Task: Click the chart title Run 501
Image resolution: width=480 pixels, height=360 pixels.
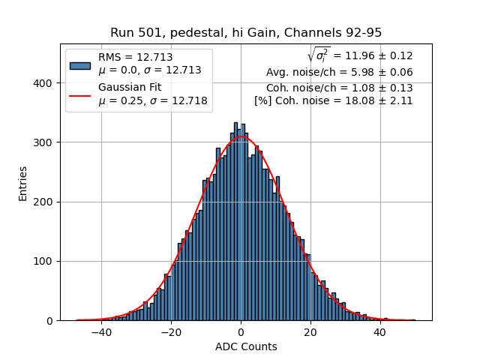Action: tap(245, 33)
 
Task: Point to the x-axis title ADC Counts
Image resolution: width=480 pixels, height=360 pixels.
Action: tap(246, 346)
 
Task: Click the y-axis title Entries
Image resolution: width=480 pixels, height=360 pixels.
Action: tap(23, 182)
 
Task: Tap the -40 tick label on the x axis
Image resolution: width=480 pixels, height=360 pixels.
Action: tap(101, 331)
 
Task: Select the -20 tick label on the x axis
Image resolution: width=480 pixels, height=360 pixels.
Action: tap(171, 331)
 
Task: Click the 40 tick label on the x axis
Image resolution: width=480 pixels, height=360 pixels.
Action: tap(379, 331)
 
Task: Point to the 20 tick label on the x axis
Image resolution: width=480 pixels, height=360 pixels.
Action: tap(310, 331)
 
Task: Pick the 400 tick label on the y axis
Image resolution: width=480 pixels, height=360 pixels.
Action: tap(43, 83)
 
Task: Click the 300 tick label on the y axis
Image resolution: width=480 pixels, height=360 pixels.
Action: tap(43, 142)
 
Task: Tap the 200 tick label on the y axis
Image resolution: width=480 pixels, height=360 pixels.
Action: tap(43, 202)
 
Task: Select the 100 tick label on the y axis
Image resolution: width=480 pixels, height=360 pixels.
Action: tap(43, 261)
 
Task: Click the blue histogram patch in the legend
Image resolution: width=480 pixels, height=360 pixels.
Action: tap(79, 64)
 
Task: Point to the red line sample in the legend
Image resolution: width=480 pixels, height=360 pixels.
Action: tap(79, 94)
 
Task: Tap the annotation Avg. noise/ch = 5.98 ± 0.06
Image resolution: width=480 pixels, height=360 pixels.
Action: tap(339, 73)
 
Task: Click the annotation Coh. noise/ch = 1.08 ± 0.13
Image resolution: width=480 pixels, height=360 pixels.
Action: tap(339, 88)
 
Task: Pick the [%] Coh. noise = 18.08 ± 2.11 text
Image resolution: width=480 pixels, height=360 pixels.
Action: tap(333, 100)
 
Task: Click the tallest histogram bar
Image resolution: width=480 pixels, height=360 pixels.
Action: tap(235, 222)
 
